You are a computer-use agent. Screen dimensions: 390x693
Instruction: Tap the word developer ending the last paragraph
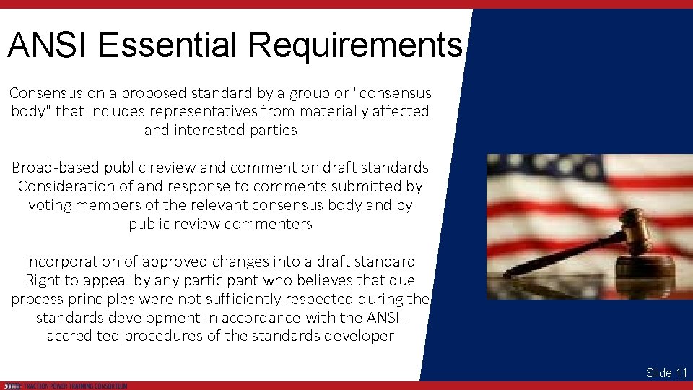pyautogui.click(x=358, y=336)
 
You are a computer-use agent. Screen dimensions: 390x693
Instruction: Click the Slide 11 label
pyautogui.click(x=666, y=373)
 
